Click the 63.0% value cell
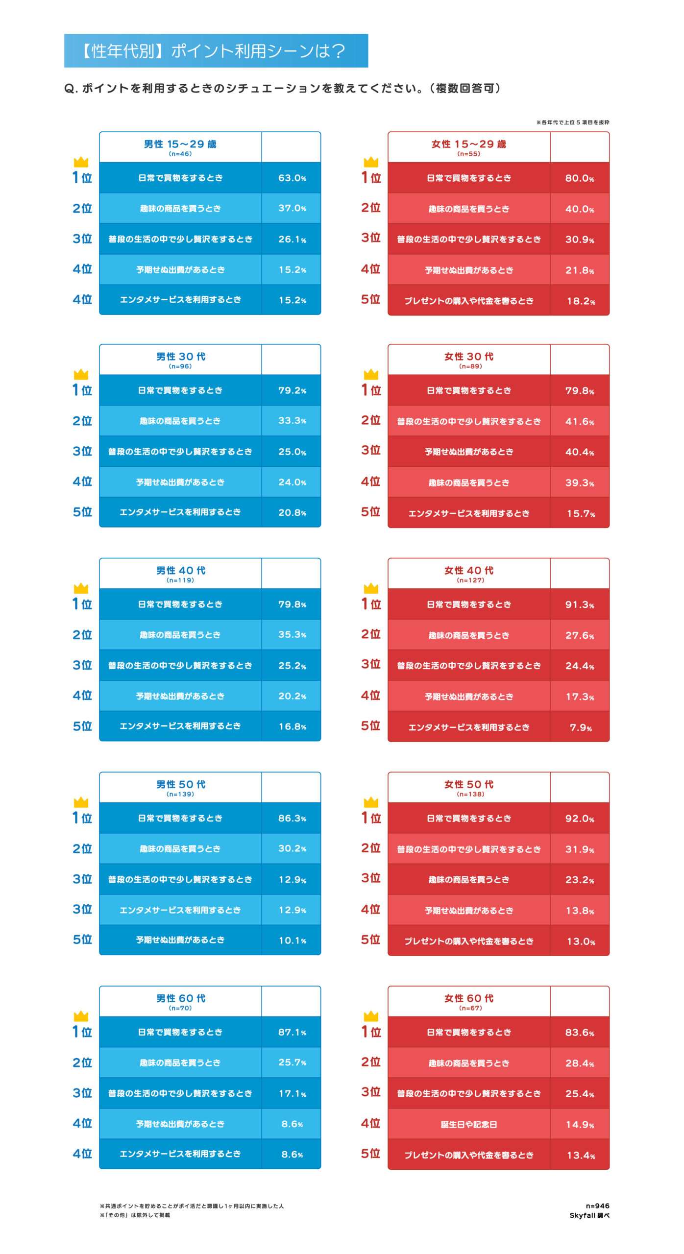[x=292, y=178]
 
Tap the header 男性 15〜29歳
[x=180, y=147]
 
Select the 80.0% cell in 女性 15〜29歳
[x=580, y=178]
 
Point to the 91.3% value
[x=580, y=604]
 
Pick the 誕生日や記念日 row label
[x=469, y=1124]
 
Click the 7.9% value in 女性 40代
[x=581, y=727]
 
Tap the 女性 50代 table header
[x=469, y=787]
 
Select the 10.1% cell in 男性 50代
[x=292, y=940]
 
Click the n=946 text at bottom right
[x=597, y=1206]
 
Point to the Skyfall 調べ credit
[x=589, y=1215]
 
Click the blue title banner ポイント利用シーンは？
[x=216, y=50]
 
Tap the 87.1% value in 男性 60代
[x=292, y=1032]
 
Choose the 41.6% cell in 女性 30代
[x=580, y=421]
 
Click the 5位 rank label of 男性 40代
[x=82, y=726]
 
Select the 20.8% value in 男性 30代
[x=292, y=512]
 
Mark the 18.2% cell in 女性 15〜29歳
[x=581, y=301]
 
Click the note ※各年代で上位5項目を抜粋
[x=572, y=122]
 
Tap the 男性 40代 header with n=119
[x=180, y=573]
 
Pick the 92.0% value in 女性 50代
[x=580, y=819]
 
